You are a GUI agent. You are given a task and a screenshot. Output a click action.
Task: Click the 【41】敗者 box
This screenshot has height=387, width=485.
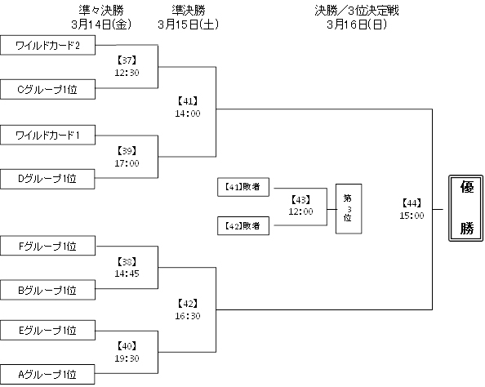pos(243,187)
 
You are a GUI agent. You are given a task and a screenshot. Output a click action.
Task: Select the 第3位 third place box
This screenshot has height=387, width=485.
pos(348,209)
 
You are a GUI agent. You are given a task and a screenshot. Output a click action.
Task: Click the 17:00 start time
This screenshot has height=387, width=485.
pos(126,163)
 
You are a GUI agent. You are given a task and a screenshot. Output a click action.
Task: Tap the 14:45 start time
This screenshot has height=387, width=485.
pos(126,274)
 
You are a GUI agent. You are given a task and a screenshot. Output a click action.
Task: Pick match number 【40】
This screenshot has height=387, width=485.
pos(126,345)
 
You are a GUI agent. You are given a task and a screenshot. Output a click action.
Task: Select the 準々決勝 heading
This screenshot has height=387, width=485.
pos(103,11)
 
